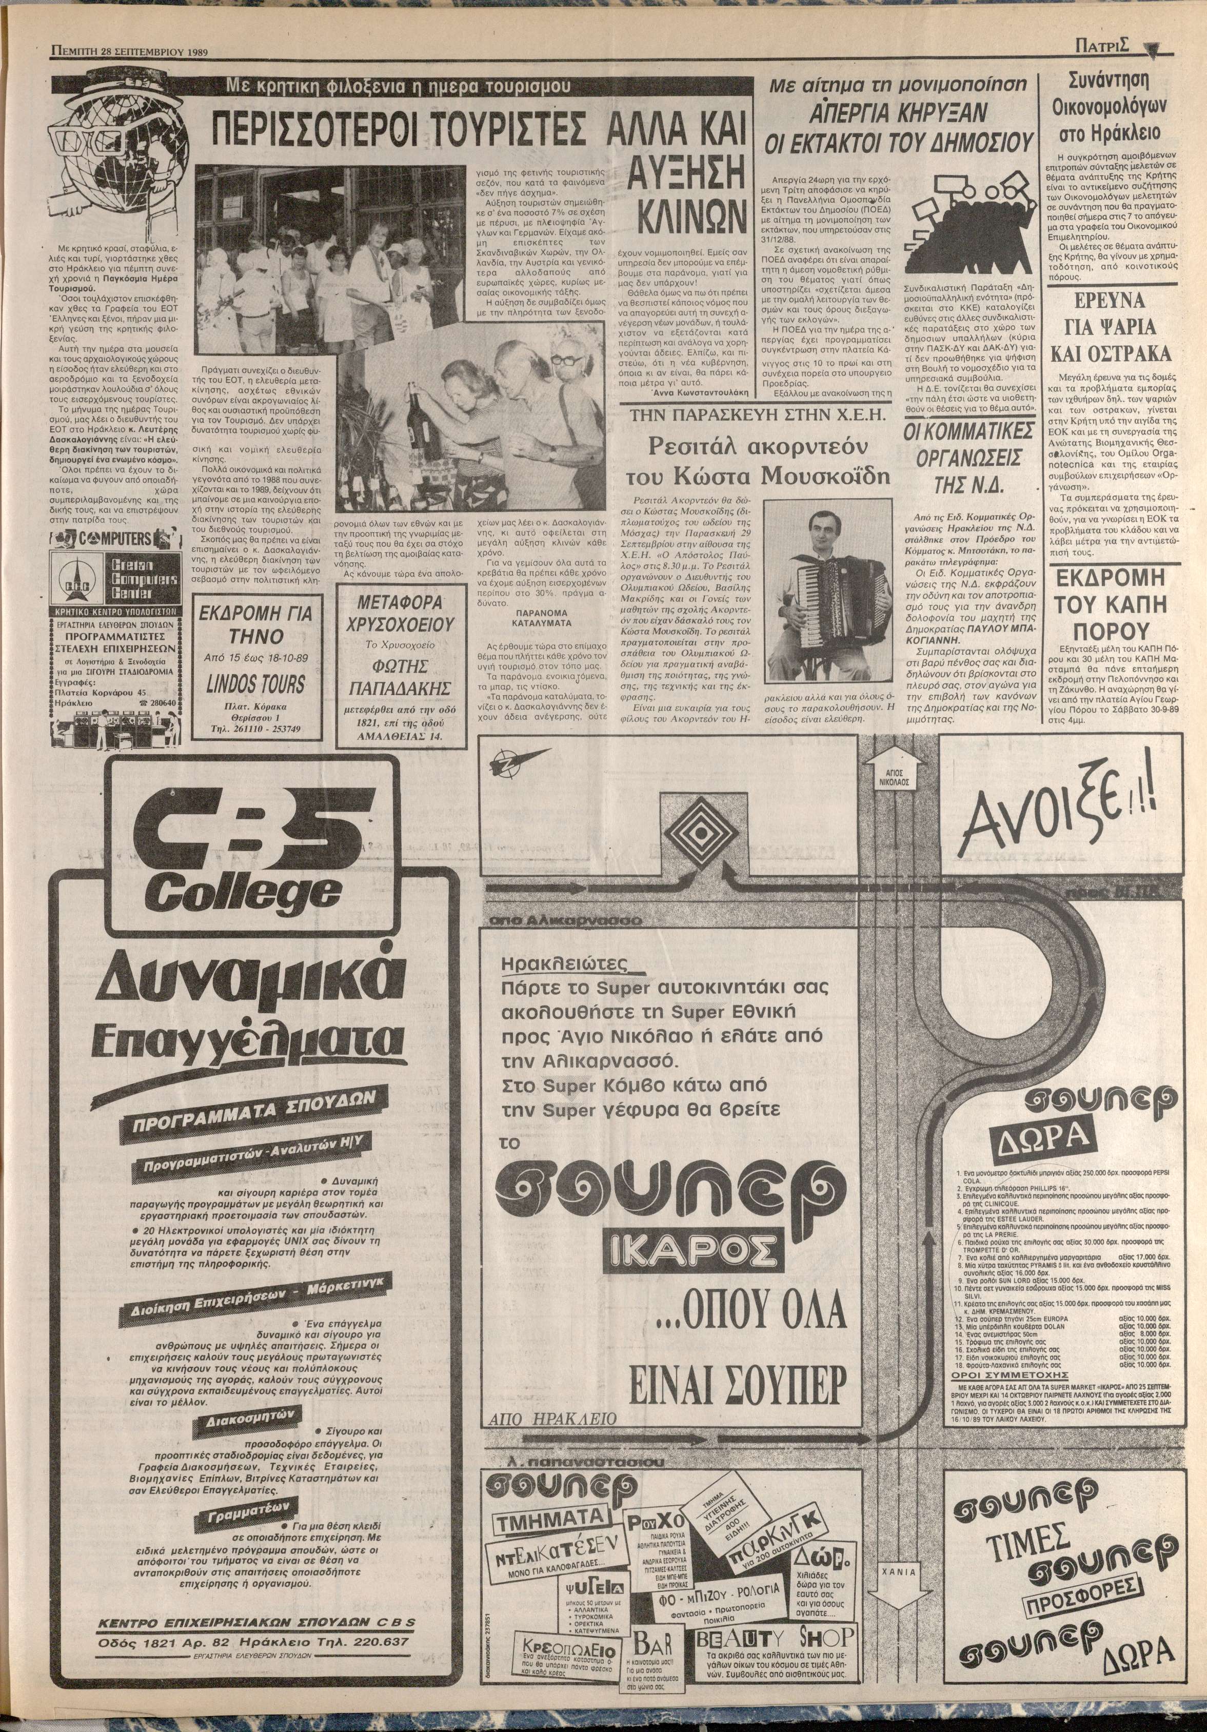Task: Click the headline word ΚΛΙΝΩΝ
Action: tap(687, 214)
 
